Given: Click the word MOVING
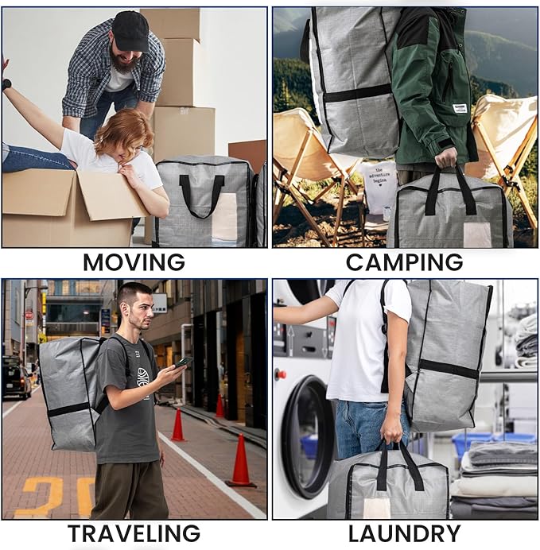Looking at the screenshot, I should (134, 261).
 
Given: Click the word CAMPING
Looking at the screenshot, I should (404, 261).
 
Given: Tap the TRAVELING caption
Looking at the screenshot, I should (134, 534).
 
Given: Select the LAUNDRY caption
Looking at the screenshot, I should (404, 534).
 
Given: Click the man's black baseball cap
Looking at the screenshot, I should (130, 29).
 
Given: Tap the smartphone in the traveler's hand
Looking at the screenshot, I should (184, 362).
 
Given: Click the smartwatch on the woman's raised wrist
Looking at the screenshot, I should (6, 83).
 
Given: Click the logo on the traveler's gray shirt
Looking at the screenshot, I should (142, 376).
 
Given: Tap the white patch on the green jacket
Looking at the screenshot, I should (459, 108).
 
